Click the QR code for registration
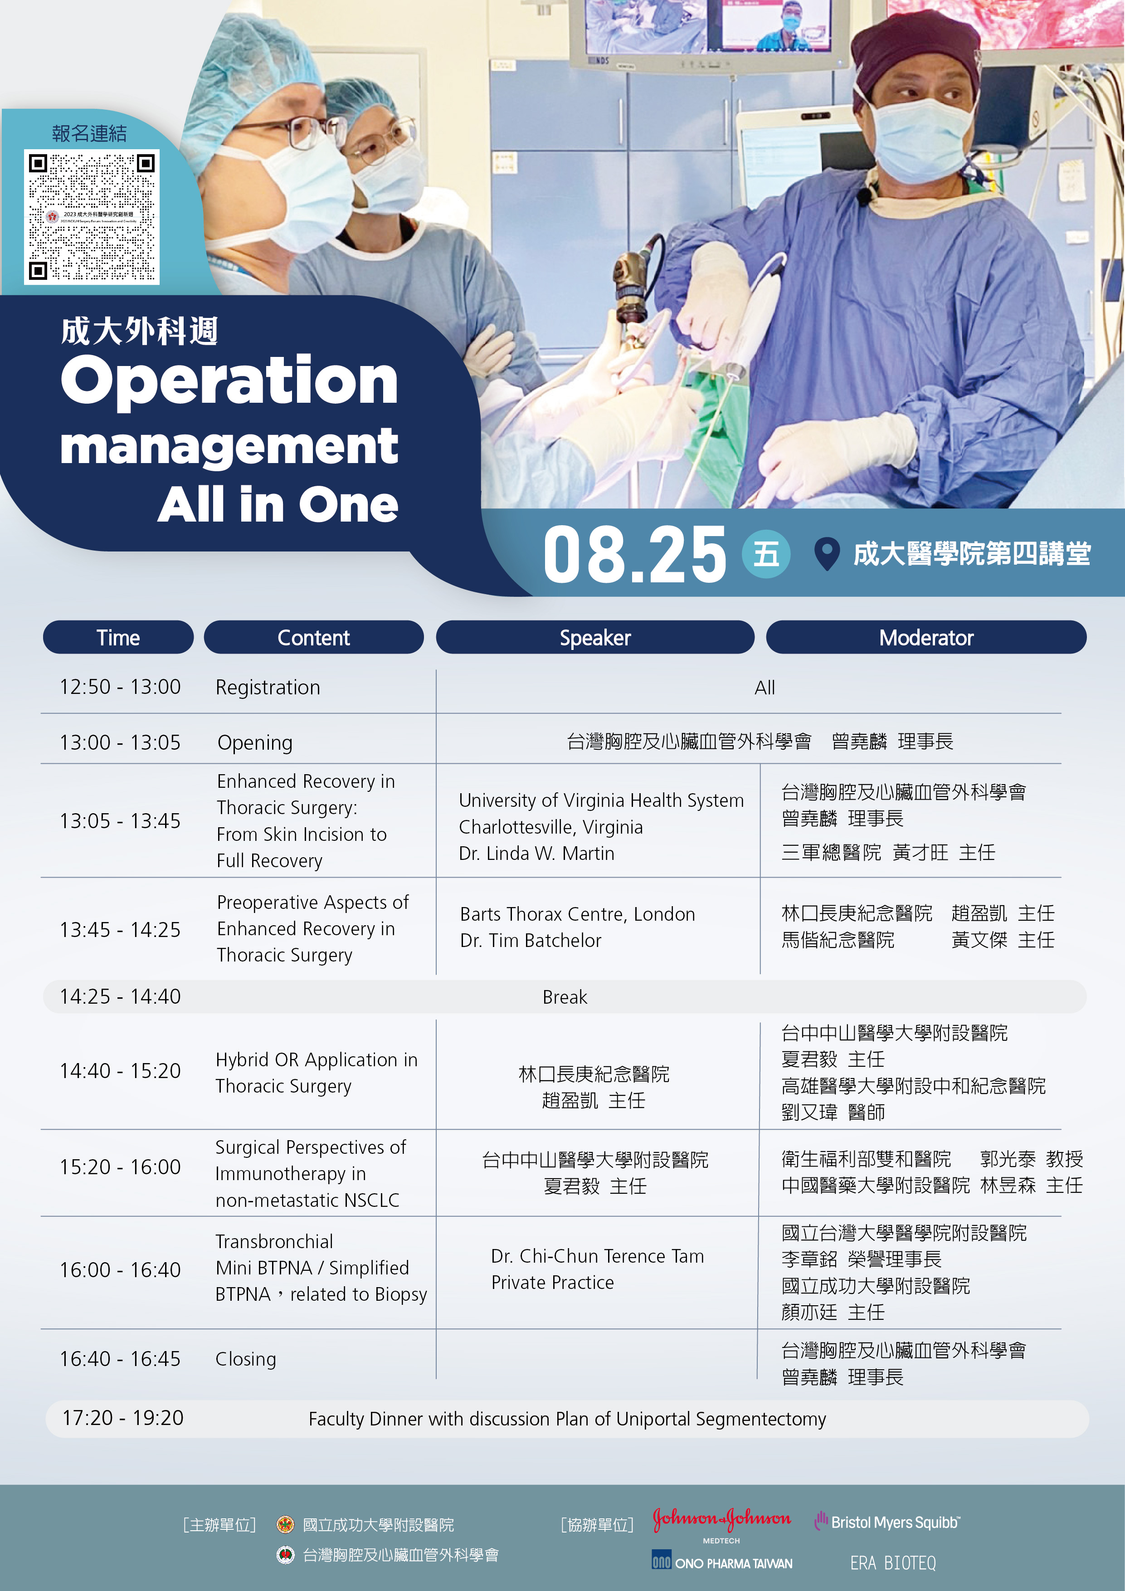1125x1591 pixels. coord(92,217)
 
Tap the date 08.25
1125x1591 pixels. coord(634,554)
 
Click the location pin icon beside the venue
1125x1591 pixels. coord(827,554)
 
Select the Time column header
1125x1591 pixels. coord(118,638)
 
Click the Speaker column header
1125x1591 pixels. coord(595,638)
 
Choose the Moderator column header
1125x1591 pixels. coord(926,638)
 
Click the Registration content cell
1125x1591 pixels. coord(268,688)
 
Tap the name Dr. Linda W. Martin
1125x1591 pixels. coord(537,854)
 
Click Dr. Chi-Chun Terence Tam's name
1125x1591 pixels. coord(598,1256)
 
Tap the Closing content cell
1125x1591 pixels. coord(246,1360)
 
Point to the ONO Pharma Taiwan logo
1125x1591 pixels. coord(722,1561)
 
